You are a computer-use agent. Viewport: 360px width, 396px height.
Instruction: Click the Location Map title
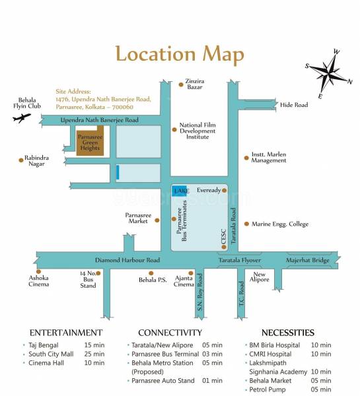[180, 54]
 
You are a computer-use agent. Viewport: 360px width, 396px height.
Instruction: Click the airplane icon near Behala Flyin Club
[21, 119]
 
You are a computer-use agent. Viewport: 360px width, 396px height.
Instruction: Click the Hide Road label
[294, 105]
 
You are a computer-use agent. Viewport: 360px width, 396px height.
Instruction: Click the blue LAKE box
[180, 191]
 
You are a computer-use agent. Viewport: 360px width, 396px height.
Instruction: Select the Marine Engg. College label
[279, 224]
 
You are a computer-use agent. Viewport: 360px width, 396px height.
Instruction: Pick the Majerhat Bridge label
[308, 261]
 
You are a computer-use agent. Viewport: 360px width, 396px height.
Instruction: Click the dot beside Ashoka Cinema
[38, 271]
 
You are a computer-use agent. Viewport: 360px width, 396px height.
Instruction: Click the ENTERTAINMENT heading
[66, 333]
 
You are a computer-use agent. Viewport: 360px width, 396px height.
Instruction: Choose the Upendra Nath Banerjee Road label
[100, 120]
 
